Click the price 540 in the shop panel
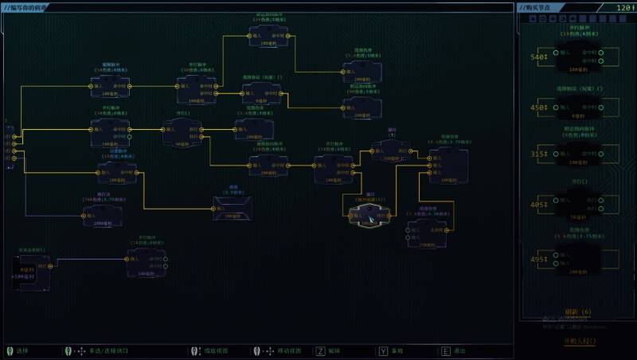click(539, 57)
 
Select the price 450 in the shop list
click(539, 108)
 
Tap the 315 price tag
click(539, 154)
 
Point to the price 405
click(539, 204)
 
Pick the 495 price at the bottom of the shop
click(539, 260)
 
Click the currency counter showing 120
click(623, 7)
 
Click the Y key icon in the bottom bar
click(383, 350)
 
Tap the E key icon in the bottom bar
click(445, 350)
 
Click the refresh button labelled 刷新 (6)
click(577, 311)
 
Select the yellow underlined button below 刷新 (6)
click(578, 341)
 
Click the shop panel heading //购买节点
click(544, 7)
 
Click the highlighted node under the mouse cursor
click(368, 214)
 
